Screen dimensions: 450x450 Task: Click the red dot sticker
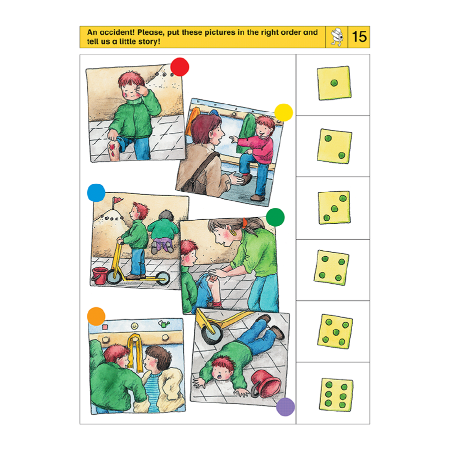point(179,66)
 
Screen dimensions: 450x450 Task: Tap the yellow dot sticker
point(283,113)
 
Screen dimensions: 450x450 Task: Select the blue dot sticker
point(96,193)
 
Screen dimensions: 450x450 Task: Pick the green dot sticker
point(275,218)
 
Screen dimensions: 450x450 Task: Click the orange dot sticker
point(96,316)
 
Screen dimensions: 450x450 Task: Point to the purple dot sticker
point(285,407)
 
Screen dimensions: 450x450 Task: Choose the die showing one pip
point(334,83)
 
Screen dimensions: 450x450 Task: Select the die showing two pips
point(334,146)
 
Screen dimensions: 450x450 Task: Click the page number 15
point(359,37)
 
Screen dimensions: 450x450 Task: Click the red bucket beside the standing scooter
point(100,276)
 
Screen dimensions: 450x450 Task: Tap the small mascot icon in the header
point(336,37)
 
